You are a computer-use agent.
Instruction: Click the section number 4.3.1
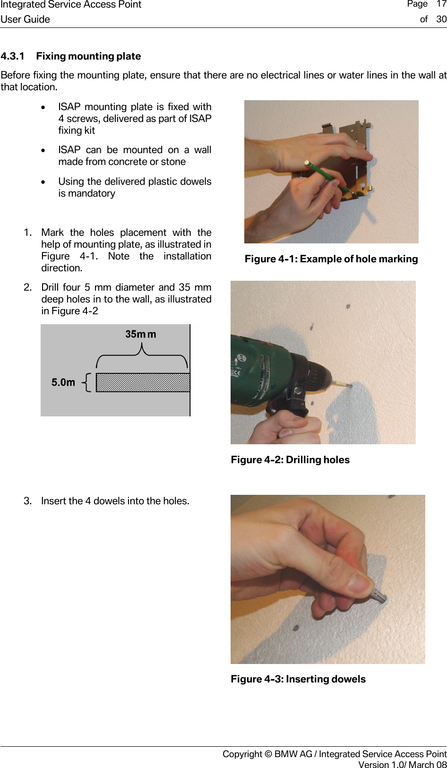13,56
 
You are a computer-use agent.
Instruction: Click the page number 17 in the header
441,4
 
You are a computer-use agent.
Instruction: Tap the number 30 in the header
441,19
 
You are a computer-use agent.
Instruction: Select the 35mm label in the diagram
140,334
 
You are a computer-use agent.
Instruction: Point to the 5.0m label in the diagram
63,382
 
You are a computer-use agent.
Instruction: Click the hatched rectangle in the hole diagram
143,382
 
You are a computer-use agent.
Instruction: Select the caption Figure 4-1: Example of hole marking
331,259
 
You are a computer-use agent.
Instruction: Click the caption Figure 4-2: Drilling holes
290,460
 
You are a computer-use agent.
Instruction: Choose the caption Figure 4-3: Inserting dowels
298,679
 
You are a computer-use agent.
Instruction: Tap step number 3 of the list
27,501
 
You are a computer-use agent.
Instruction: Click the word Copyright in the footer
242,754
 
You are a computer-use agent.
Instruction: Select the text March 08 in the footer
427,765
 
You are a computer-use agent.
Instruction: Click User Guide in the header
25,19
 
